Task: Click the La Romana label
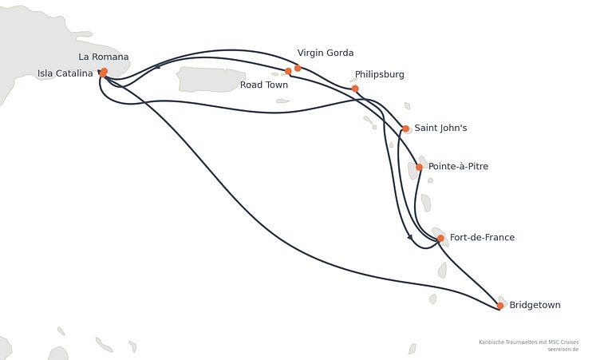[x=103, y=57]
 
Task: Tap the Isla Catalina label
[x=65, y=73]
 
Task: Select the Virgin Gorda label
[x=326, y=53]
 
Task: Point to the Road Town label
[x=264, y=85]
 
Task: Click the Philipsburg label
[x=380, y=74]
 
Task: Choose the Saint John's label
[x=440, y=128]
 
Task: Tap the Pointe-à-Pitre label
[x=459, y=166]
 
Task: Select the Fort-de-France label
[x=482, y=237]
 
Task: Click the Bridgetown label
[x=535, y=305]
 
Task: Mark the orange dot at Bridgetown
[x=500, y=306]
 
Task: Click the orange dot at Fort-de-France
[x=440, y=239]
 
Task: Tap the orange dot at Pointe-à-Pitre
[x=419, y=167]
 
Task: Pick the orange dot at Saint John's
[x=406, y=129]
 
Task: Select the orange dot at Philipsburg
[x=355, y=89]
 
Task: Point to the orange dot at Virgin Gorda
[x=298, y=68]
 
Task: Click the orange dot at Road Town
[x=288, y=71]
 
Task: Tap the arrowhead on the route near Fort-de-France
[x=410, y=237]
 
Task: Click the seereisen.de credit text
[x=562, y=350]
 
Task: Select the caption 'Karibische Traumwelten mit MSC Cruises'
[x=529, y=342]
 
